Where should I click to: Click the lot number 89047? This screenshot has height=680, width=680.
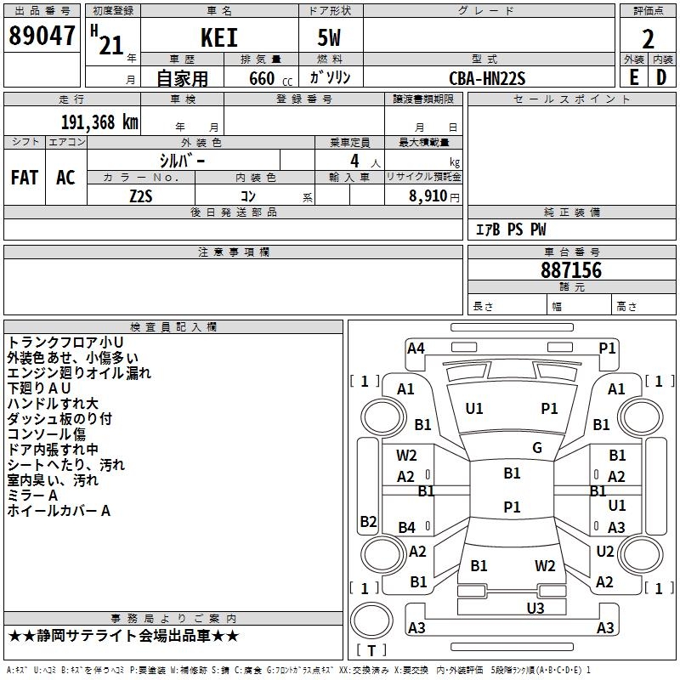pos(40,37)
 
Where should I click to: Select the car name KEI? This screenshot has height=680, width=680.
pos(218,38)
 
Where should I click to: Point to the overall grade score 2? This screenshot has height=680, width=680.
pos(649,38)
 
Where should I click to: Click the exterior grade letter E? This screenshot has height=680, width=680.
pos(633,76)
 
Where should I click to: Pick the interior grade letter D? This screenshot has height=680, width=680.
pos(661,76)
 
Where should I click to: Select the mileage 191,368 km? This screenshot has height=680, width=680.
pos(99,122)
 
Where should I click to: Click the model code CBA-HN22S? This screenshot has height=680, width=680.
pos(487,78)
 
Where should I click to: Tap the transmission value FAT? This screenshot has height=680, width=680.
pos(24,177)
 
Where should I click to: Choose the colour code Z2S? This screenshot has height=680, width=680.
pos(141,195)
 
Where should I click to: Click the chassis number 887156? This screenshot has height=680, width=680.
pos(571,271)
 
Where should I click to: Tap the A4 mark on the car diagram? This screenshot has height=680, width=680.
pos(416,348)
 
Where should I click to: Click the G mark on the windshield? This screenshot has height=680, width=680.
pos(537,448)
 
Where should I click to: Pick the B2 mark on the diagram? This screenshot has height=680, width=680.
pos(368,521)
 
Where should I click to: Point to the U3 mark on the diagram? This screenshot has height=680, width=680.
pos(535,607)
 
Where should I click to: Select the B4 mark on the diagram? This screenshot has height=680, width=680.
pos(407,528)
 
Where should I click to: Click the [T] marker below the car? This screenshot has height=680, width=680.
pos(371,651)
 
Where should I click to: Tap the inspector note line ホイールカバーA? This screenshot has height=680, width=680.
pos(59,511)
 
